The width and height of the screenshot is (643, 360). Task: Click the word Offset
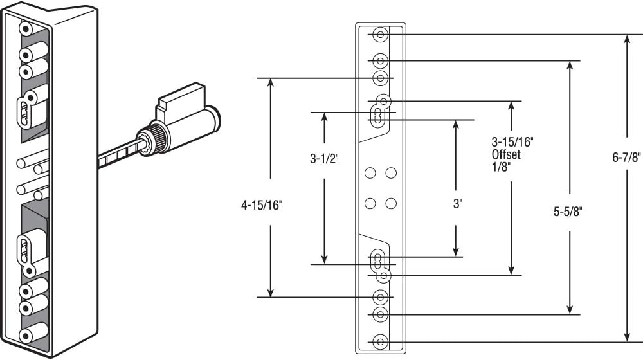pos(506,155)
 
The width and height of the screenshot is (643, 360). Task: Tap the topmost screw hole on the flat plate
pos(380,35)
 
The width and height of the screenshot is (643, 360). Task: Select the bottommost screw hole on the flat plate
pos(380,341)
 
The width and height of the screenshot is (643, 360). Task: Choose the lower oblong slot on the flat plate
pos(377,262)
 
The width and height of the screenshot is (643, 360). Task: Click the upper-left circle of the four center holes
pos(370,173)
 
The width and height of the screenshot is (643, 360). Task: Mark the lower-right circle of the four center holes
pos(390,204)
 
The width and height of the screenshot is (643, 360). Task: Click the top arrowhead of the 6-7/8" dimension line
pos(628,40)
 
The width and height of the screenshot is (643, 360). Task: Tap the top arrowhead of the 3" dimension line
pos(456,125)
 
